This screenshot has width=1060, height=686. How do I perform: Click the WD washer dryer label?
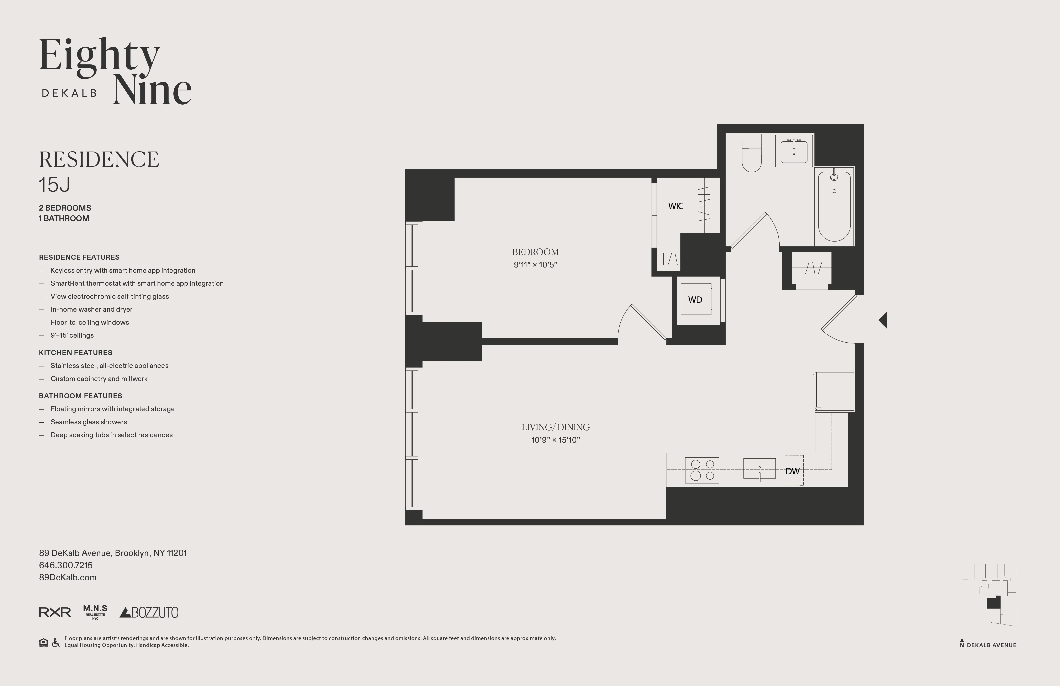click(x=695, y=300)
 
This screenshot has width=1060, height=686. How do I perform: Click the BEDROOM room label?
click(x=535, y=252)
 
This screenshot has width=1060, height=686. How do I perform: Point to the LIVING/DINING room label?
click(x=555, y=427)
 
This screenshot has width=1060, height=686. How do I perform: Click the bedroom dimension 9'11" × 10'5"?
click(x=535, y=265)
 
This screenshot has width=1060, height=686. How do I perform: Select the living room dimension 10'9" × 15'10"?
click(x=555, y=440)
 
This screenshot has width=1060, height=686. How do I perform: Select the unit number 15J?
click(x=54, y=185)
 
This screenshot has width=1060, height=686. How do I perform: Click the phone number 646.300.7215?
click(x=66, y=565)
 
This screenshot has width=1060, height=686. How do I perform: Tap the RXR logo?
click(x=55, y=612)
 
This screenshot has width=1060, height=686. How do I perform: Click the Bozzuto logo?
click(x=149, y=612)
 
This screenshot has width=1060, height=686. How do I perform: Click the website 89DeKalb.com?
click(x=68, y=577)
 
